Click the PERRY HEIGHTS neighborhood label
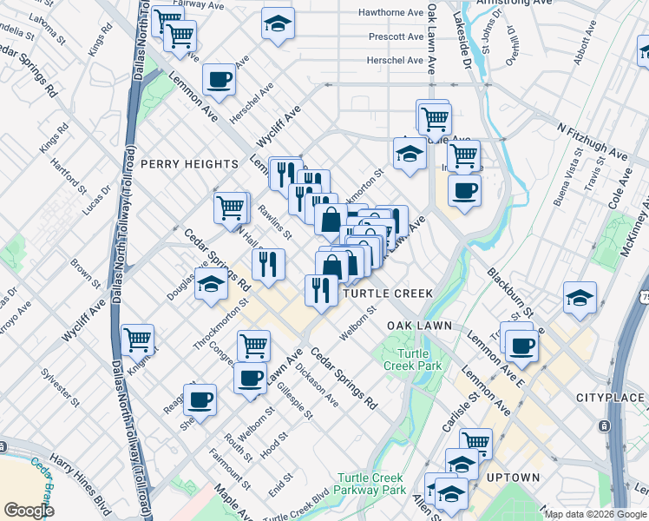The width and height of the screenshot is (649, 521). (189, 164)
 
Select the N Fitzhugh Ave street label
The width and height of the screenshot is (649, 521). (593, 142)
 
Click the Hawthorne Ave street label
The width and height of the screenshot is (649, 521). (396, 13)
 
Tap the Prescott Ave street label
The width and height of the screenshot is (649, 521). (396, 37)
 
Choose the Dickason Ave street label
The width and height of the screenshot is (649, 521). (316, 384)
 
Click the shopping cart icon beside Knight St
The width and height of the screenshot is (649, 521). (138, 340)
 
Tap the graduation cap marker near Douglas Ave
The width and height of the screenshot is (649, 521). (211, 284)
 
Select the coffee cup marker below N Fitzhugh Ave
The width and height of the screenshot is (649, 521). (464, 190)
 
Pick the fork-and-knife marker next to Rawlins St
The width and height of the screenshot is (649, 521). (268, 262)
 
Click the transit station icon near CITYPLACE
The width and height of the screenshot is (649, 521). (604, 427)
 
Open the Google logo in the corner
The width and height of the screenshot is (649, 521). (29, 511)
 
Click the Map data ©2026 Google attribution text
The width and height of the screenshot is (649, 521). (596, 514)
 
